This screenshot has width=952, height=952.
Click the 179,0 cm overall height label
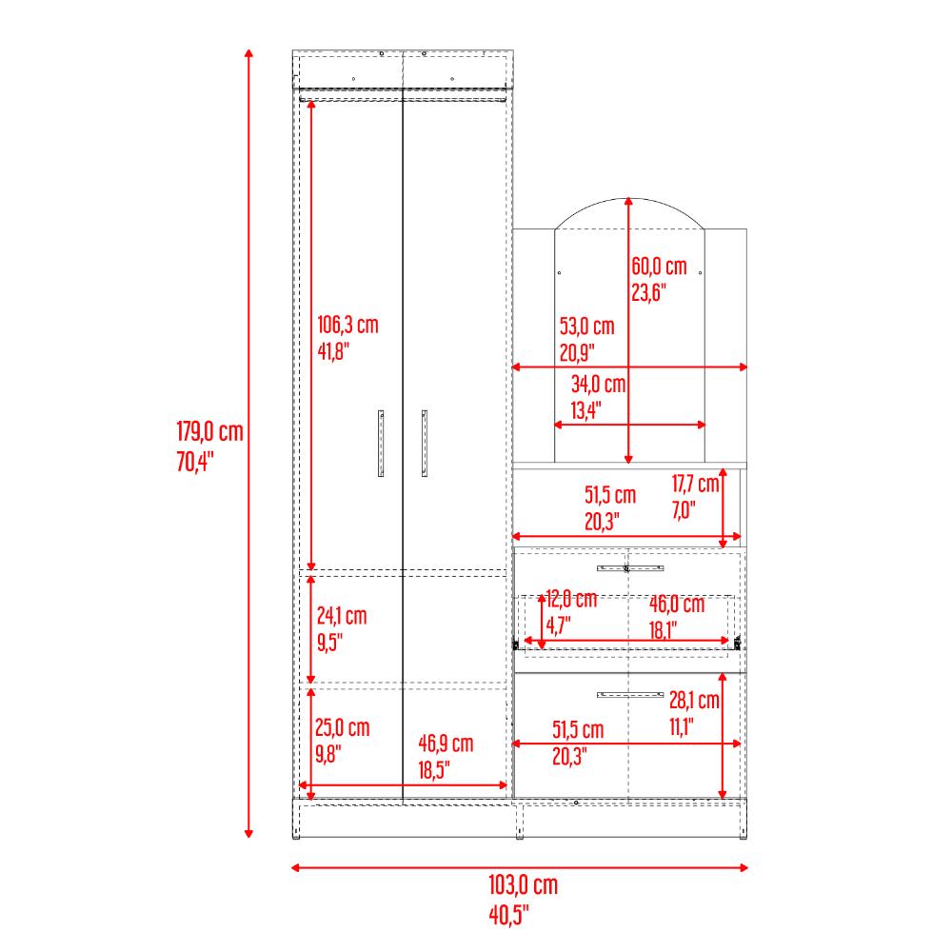pyautogui.click(x=209, y=431)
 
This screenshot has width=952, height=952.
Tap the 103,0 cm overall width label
pyautogui.click(x=524, y=885)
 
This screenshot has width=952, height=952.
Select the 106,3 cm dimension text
pyautogui.click(x=347, y=325)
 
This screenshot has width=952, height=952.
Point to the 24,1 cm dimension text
pyautogui.click(x=342, y=616)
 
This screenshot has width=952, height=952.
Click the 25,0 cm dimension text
pyautogui.click(x=343, y=727)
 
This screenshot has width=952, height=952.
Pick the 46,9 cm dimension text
pyautogui.click(x=446, y=744)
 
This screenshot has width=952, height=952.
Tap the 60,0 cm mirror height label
pyautogui.click(x=660, y=266)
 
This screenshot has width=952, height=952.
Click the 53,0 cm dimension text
pyautogui.click(x=587, y=326)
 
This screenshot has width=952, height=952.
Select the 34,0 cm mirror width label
pyautogui.click(x=598, y=384)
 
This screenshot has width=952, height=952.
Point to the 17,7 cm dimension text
pyautogui.click(x=695, y=484)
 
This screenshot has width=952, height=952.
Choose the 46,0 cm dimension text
pyautogui.click(x=677, y=605)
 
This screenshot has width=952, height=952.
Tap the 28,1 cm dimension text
pyautogui.click(x=695, y=700)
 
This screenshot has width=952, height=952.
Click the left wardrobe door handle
pyautogui.click(x=381, y=444)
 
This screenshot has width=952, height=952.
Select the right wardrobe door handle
pyautogui.click(x=425, y=444)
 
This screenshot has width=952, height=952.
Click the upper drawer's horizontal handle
pyautogui.click(x=630, y=568)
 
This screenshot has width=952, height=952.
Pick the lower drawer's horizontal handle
pyautogui.click(x=630, y=695)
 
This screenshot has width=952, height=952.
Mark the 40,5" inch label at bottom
pyautogui.click(x=508, y=914)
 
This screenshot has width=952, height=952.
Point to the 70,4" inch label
pyautogui.click(x=195, y=462)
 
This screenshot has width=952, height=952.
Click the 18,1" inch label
pyautogui.click(x=663, y=630)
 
